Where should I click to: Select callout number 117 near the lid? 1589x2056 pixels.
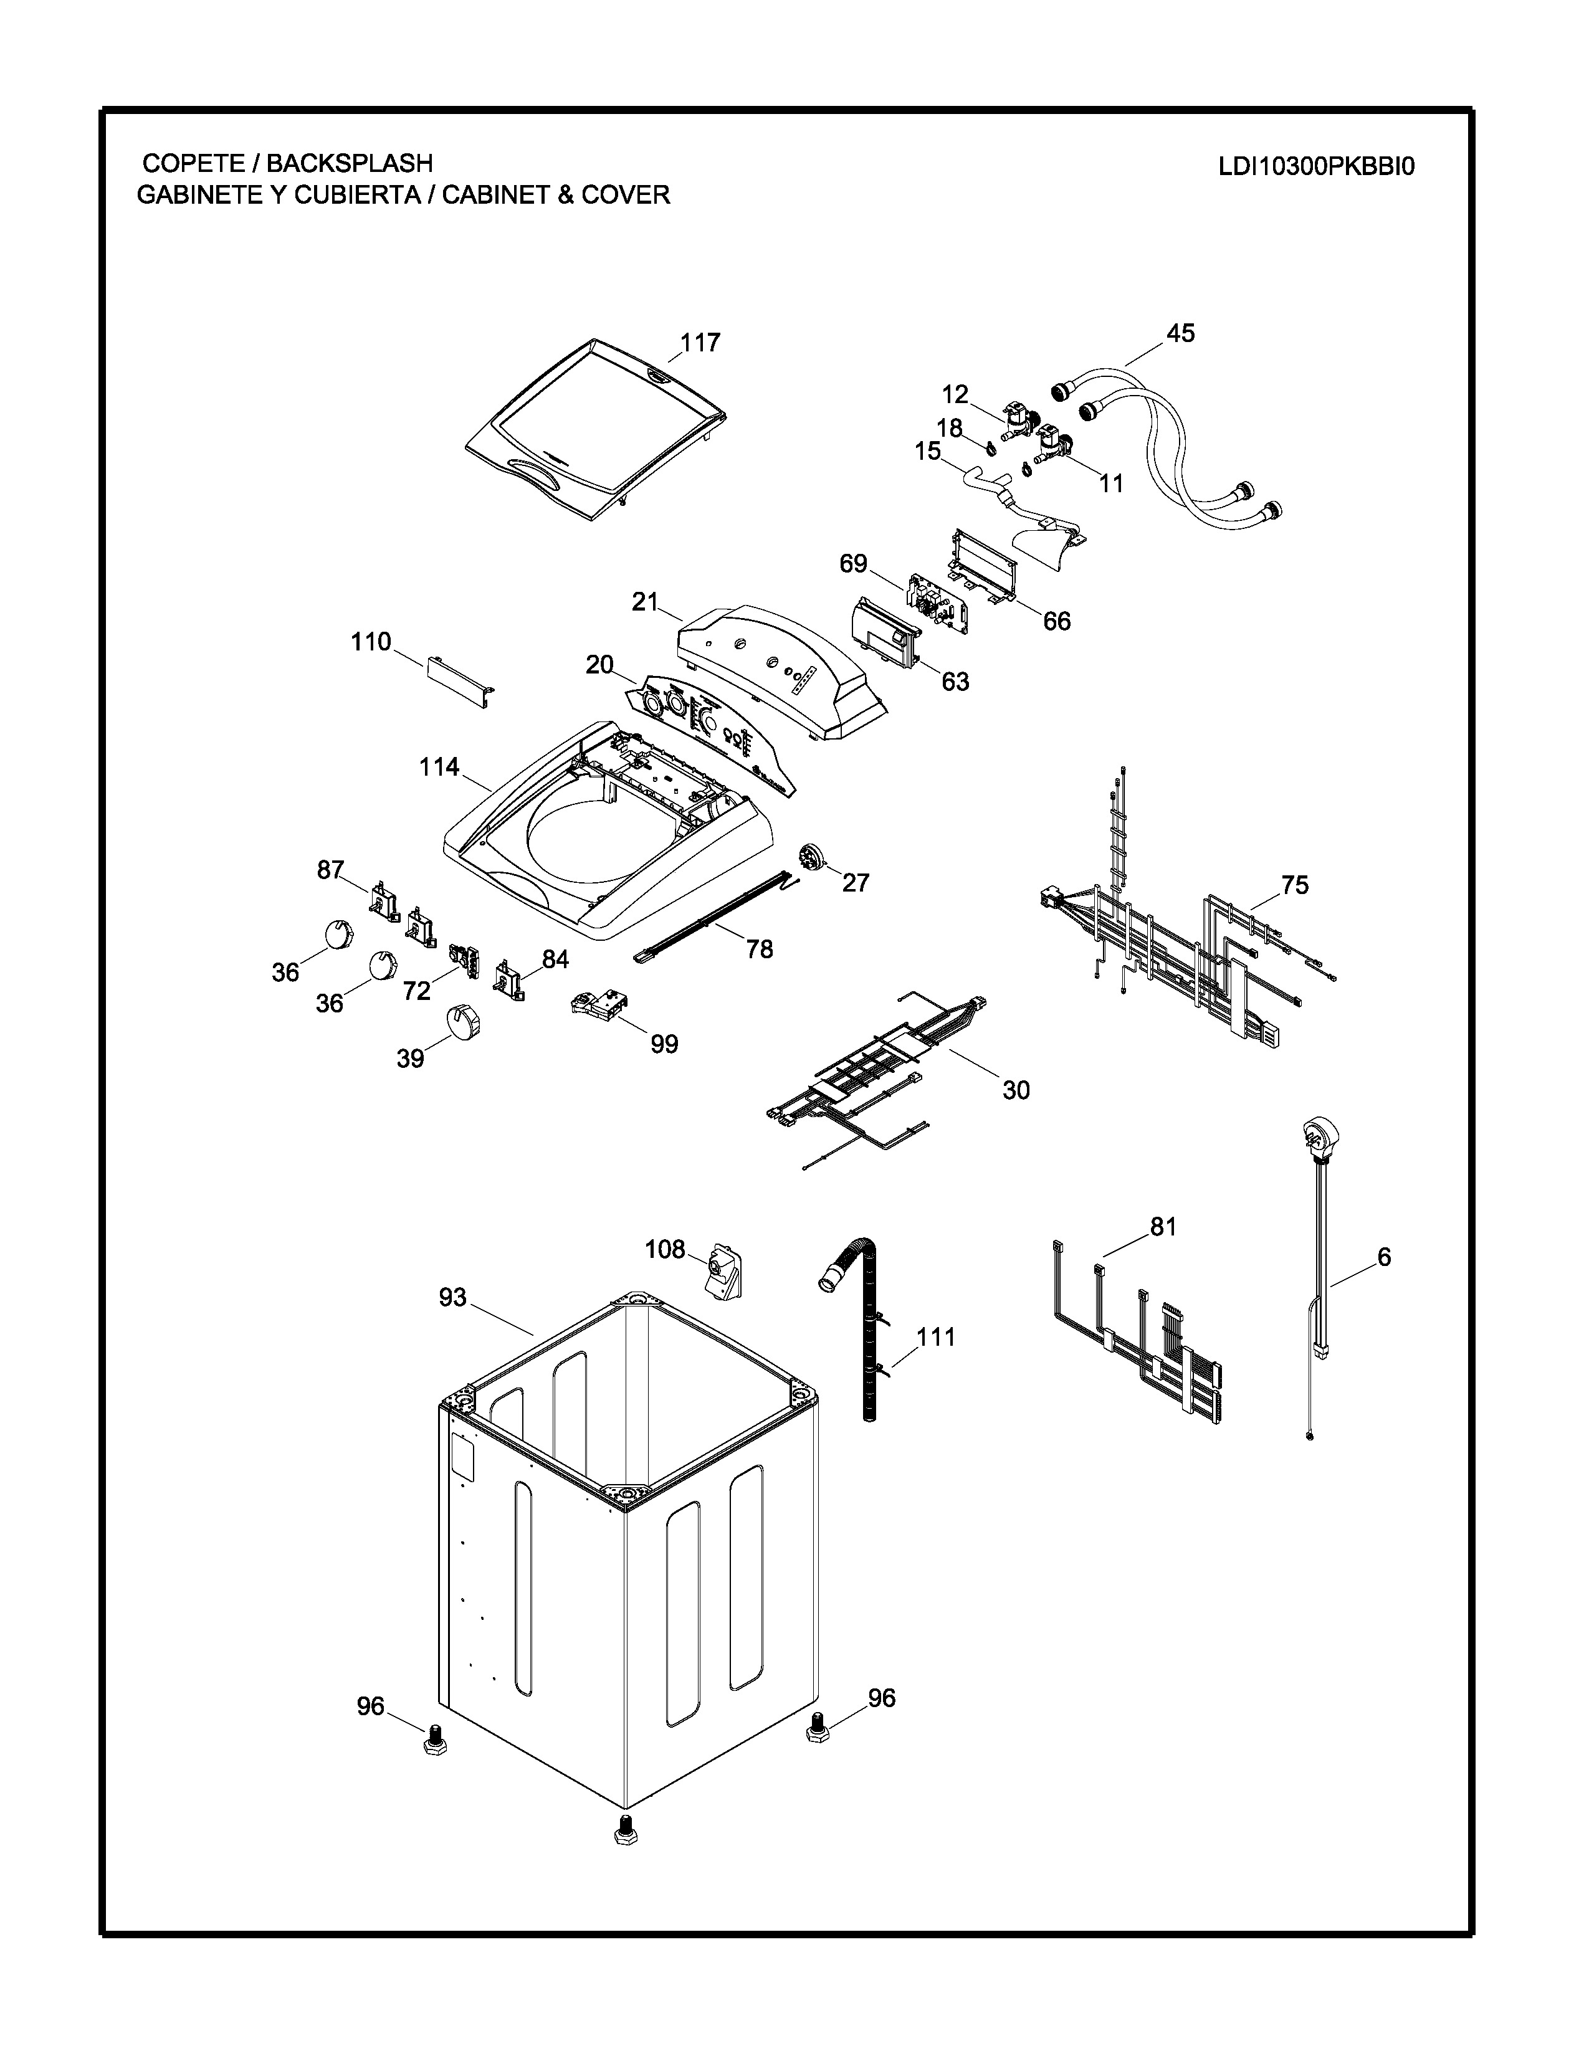tap(700, 343)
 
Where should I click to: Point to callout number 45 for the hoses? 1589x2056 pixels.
tap(1180, 333)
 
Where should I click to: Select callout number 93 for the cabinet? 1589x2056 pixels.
tap(453, 1297)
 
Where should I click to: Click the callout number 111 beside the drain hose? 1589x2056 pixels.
tap(936, 1337)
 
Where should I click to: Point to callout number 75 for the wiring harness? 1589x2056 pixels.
tap(1294, 885)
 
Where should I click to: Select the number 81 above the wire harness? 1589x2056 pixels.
tap(1163, 1227)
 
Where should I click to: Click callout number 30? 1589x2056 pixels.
tap(1016, 1090)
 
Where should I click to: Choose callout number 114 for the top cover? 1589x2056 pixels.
tap(439, 767)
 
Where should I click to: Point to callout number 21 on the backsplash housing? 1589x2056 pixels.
tap(645, 602)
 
